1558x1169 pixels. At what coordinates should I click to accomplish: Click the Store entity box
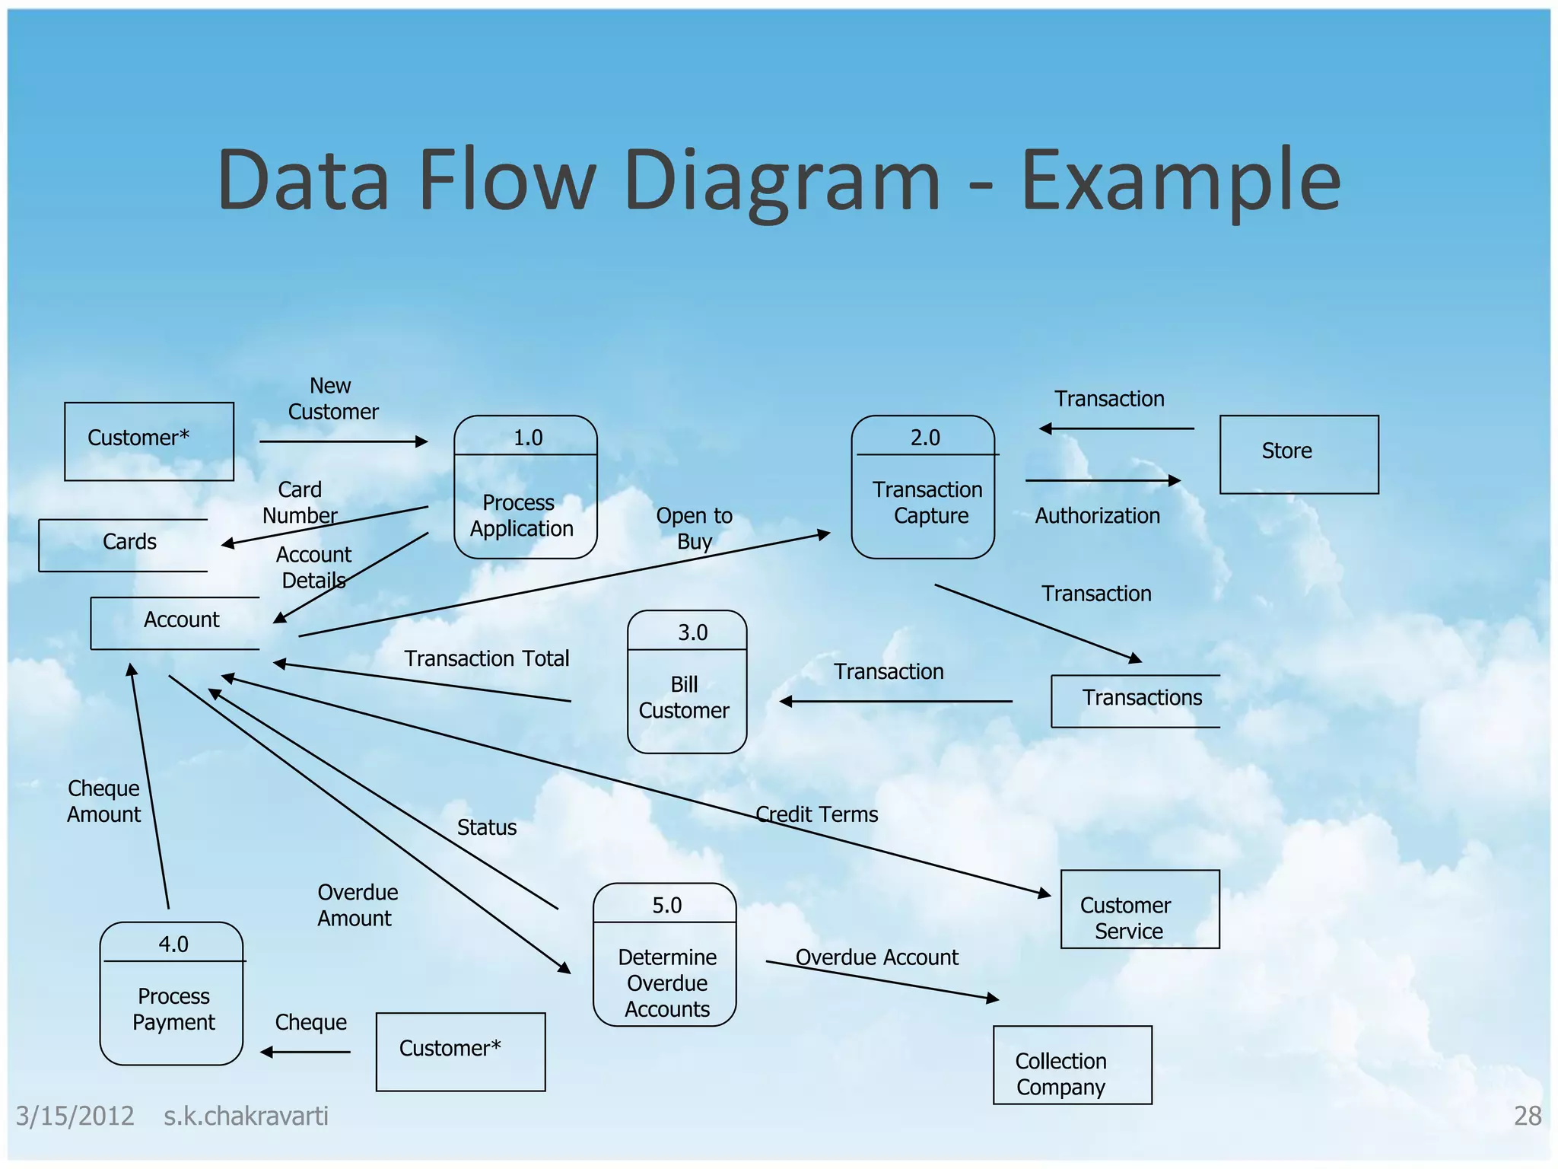[x=1299, y=454]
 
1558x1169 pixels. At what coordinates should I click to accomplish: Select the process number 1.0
[x=528, y=438]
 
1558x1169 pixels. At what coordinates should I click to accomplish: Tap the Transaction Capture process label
[x=927, y=502]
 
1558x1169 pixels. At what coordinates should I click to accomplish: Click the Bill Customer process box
[x=686, y=682]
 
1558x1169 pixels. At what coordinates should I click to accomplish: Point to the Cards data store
[x=129, y=543]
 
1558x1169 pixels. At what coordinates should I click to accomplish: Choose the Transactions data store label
[x=1141, y=698]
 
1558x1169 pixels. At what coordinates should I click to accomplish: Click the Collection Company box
[x=1071, y=1065]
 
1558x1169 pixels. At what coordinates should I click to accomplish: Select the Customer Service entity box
[x=1139, y=909]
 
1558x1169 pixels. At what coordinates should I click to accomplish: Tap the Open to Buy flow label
[x=694, y=528]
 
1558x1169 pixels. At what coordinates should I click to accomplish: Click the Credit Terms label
[x=816, y=814]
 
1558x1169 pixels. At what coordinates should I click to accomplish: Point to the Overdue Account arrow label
[x=876, y=957]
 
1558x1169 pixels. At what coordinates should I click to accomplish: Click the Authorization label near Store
[x=1096, y=516]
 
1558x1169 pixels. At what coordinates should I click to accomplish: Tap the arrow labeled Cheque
[x=305, y=1052]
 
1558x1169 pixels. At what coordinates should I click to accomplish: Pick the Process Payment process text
[x=173, y=1009]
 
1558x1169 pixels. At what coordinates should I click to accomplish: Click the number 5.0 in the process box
[x=666, y=905]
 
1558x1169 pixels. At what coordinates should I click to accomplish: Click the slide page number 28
[x=1526, y=1116]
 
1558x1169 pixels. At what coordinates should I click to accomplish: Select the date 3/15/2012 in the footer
[x=75, y=1116]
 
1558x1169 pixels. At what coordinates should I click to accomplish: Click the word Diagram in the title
[x=781, y=181]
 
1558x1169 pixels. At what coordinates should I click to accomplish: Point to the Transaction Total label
[x=486, y=658]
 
